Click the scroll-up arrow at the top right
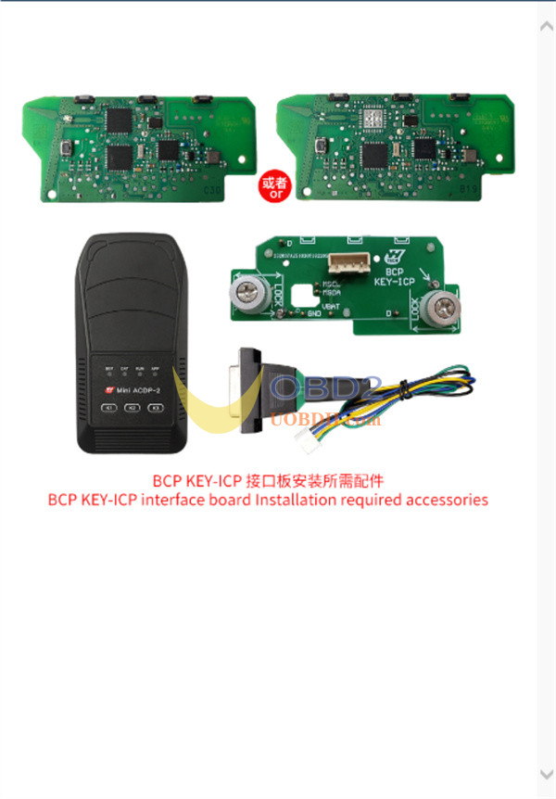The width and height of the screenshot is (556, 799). click(x=546, y=27)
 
